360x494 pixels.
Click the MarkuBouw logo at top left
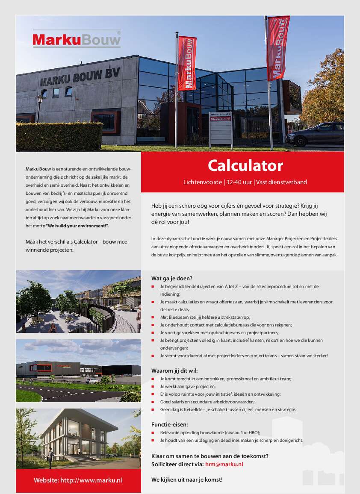point(77,40)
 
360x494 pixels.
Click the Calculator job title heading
point(245,165)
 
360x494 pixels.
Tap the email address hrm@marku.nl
point(224,464)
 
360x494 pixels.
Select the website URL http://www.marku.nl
point(91,480)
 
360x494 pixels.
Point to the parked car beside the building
point(315,134)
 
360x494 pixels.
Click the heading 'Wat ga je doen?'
point(172,278)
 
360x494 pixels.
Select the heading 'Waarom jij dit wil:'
point(174,370)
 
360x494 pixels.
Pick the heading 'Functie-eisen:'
point(169,424)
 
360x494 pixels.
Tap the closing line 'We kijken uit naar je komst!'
point(187,479)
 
